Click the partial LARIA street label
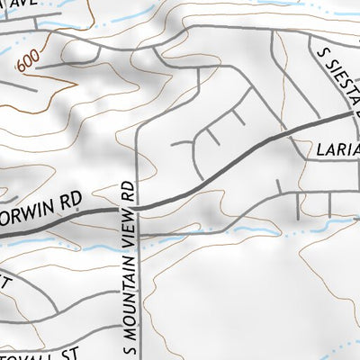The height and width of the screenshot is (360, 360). [x=337, y=148]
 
